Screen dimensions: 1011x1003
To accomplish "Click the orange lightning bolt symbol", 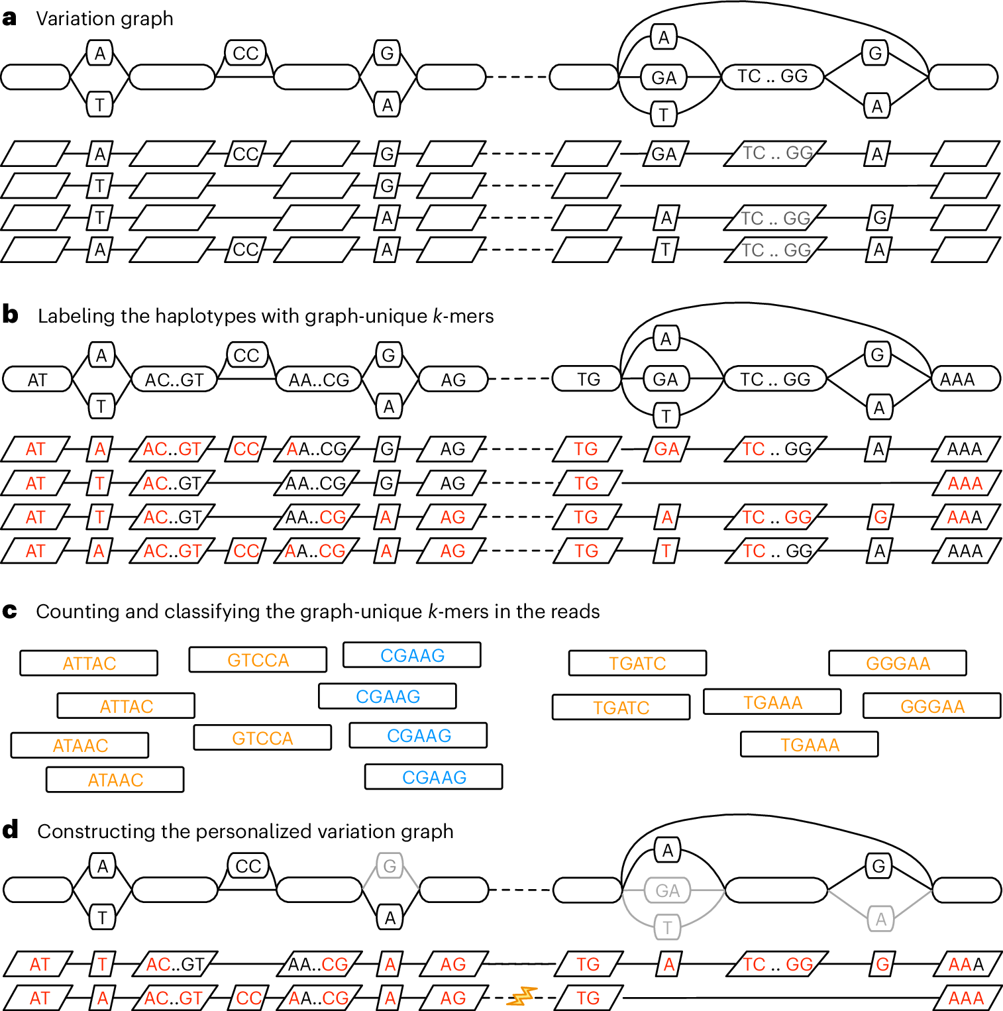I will pyautogui.click(x=521, y=996).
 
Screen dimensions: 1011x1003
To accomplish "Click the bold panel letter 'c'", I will pyautogui.click(x=9, y=611).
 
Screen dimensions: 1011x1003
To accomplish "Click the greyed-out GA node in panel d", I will pyautogui.click(x=666, y=890).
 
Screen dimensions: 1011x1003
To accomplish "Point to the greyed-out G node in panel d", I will pyautogui.click(x=390, y=866).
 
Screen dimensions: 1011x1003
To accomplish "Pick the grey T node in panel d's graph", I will pyautogui.click(x=666, y=928).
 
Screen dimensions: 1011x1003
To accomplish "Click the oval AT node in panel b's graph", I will pyautogui.click(x=37, y=380).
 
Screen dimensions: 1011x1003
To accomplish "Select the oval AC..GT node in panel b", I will pyautogui.click(x=174, y=380).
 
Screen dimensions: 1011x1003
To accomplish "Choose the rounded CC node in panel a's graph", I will pyautogui.click(x=245, y=53).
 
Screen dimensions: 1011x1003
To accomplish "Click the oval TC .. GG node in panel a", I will pyautogui.click(x=772, y=76).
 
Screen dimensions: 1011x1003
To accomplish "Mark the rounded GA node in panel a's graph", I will pyautogui.click(x=664, y=78).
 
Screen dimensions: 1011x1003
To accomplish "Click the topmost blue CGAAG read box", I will pyautogui.click(x=411, y=655).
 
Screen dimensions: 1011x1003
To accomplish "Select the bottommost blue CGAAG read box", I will pyautogui.click(x=433, y=777).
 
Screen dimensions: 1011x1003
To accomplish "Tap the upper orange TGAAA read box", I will pyautogui.click(x=772, y=702).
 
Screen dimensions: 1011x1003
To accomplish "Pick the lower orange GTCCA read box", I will pyautogui.click(x=262, y=738).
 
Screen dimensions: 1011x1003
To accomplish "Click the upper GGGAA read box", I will pyautogui.click(x=897, y=663).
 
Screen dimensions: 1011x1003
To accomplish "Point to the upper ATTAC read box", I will pyautogui.click(x=89, y=663).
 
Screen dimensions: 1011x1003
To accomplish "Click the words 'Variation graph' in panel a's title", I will pyautogui.click(x=105, y=19).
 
